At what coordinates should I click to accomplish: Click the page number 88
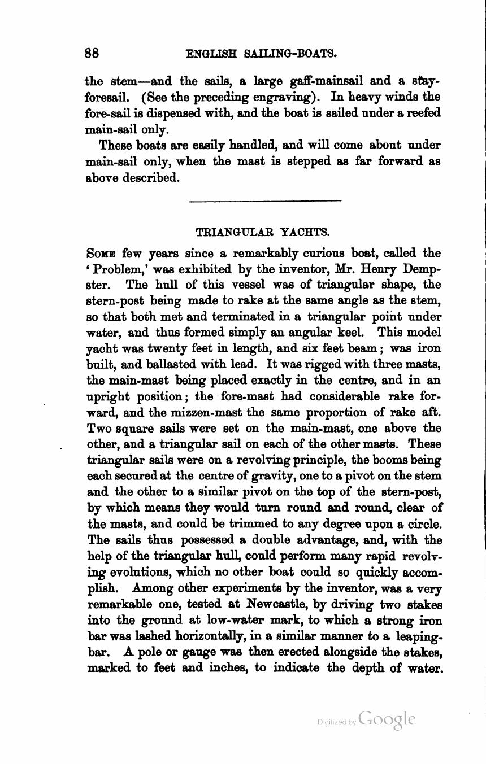[x=92, y=53]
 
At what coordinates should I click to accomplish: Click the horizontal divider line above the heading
[x=264, y=200]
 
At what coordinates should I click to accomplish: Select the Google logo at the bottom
[x=387, y=719]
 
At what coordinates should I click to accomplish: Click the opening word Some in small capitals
[x=101, y=253]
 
